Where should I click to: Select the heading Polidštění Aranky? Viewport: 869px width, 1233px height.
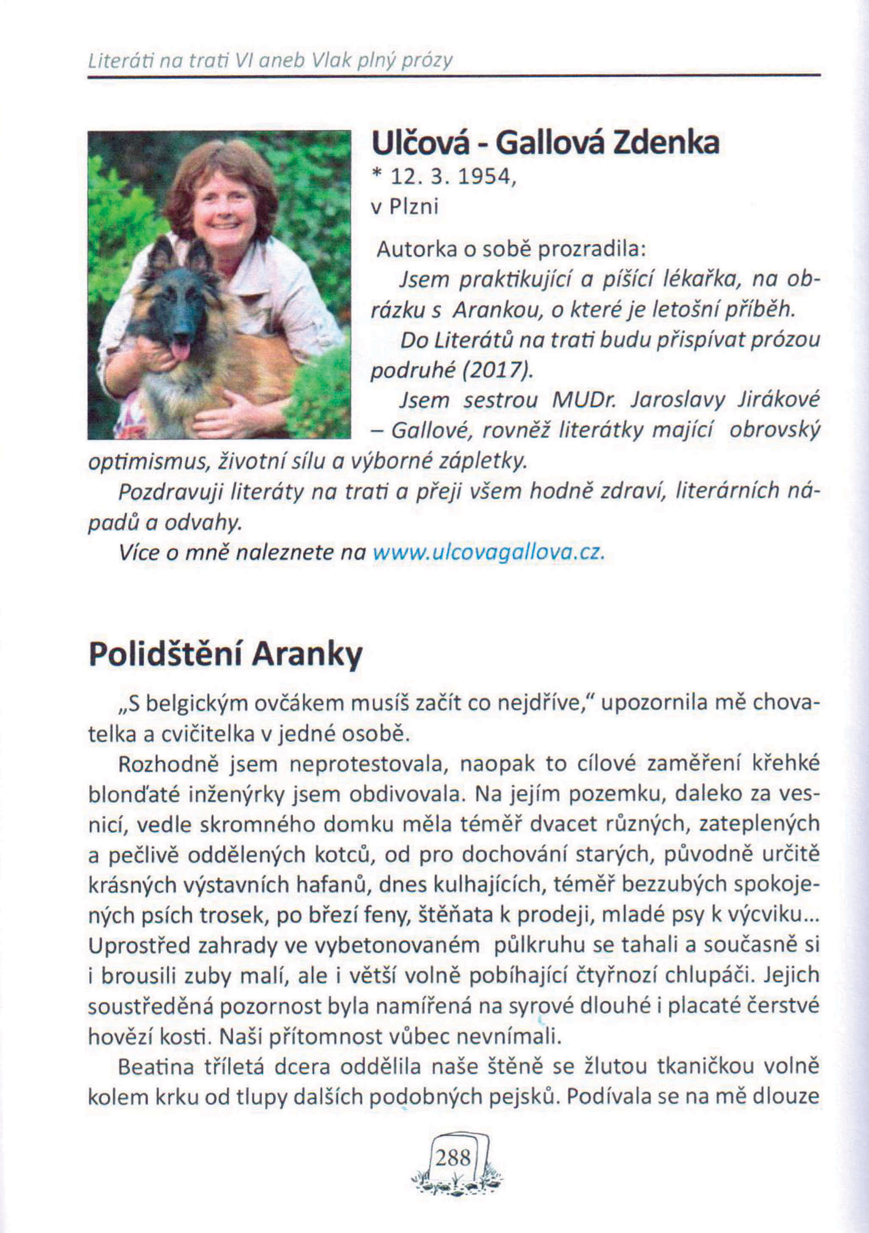pos(225,655)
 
